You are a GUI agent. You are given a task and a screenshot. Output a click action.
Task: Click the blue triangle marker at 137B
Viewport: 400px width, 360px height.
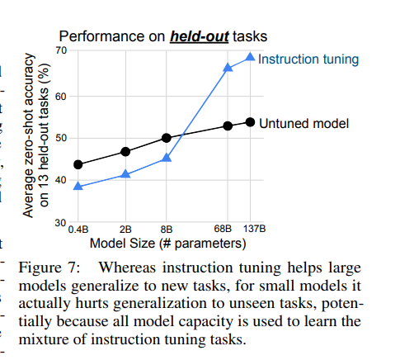tap(250, 57)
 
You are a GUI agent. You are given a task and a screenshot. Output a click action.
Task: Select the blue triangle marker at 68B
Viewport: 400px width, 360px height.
tap(228, 67)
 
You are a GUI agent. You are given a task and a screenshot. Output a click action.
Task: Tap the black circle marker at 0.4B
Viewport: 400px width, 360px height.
tap(78, 164)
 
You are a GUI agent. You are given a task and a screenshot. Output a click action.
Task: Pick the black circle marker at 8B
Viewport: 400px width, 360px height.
tap(167, 138)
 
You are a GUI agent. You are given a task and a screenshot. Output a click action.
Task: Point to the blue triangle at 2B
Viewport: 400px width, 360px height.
tap(125, 174)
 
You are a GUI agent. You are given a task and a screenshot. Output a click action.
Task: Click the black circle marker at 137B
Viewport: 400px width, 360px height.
tap(250, 122)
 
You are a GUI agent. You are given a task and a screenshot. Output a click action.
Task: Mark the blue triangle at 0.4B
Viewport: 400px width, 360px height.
tap(78, 186)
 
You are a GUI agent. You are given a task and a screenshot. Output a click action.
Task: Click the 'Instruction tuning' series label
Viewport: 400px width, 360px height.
tap(308, 59)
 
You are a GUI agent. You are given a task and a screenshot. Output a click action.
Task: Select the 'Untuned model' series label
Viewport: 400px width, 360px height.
tap(304, 123)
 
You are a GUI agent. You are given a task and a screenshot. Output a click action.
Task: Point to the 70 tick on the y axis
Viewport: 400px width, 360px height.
tap(61, 50)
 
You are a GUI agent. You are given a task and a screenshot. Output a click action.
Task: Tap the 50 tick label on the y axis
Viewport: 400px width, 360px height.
tap(61, 138)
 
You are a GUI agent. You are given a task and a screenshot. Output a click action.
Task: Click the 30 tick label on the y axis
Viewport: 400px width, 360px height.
tap(60, 223)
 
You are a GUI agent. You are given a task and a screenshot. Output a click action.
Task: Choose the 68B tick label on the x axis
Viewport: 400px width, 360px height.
tap(223, 229)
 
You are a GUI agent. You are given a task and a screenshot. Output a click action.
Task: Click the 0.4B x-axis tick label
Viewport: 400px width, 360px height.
tap(78, 230)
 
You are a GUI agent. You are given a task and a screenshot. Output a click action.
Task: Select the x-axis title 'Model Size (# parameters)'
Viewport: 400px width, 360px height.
tap(167, 244)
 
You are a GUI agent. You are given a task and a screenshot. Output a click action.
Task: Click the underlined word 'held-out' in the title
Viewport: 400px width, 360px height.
tap(200, 36)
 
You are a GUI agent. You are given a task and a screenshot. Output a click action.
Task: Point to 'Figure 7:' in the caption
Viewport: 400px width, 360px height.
tap(49, 268)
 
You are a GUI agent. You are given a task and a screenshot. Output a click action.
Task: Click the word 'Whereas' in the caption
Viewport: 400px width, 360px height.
tap(127, 268)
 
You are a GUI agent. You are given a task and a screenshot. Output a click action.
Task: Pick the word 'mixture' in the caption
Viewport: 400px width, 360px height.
tap(44, 339)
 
